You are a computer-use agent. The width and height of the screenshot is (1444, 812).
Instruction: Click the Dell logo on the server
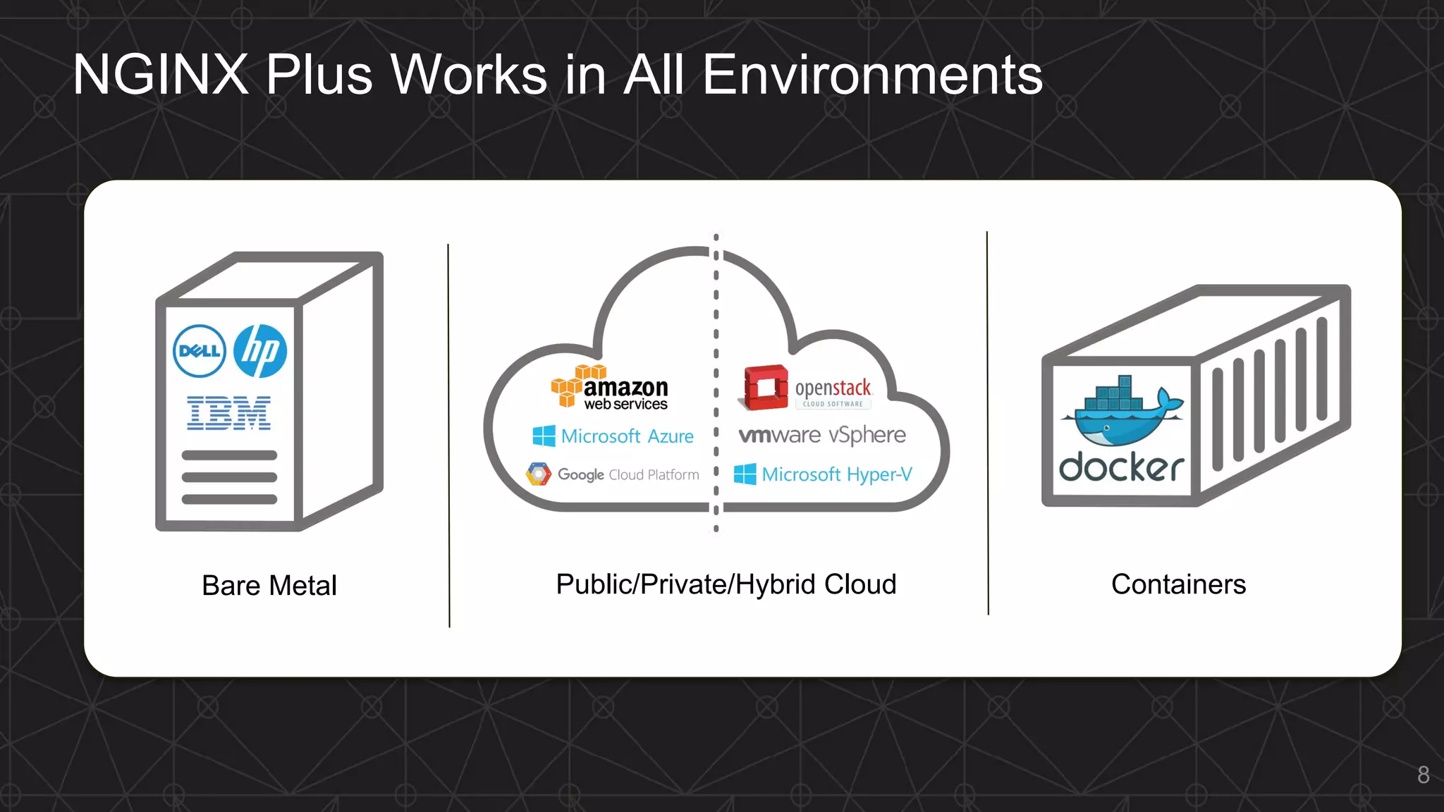(x=200, y=351)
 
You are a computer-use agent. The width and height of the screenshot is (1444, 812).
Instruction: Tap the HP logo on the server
(x=260, y=351)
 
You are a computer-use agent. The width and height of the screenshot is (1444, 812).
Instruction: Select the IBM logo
(x=228, y=413)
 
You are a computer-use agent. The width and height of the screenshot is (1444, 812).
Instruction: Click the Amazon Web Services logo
(x=610, y=388)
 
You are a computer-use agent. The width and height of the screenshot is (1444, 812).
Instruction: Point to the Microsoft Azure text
(x=627, y=436)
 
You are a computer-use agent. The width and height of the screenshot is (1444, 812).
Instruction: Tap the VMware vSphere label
(x=822, y=435)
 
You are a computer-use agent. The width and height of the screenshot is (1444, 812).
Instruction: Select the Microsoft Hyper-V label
(x=836, y=474)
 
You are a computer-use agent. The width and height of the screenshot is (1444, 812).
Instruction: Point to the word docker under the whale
(x=1121, y=467)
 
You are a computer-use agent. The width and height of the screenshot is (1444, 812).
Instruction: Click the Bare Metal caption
(x=269, y=586)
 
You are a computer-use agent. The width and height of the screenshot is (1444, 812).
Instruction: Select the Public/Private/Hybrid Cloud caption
(x=726, y=584)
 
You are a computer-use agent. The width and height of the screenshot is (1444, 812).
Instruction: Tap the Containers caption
(x=1178, y=584)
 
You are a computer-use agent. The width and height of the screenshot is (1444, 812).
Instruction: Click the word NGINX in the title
(x=161, y=75)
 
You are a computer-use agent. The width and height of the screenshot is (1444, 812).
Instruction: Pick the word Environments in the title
(x=872, y=75)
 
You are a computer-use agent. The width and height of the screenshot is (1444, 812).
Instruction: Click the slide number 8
(x=1423, y=775)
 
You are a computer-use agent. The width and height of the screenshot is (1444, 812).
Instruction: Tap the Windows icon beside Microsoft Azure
(x=544, y=436)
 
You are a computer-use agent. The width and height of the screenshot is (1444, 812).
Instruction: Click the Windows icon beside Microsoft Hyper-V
(x=745, y=474)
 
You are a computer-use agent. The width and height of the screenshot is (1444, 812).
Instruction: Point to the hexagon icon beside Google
(x=539, y=474)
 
